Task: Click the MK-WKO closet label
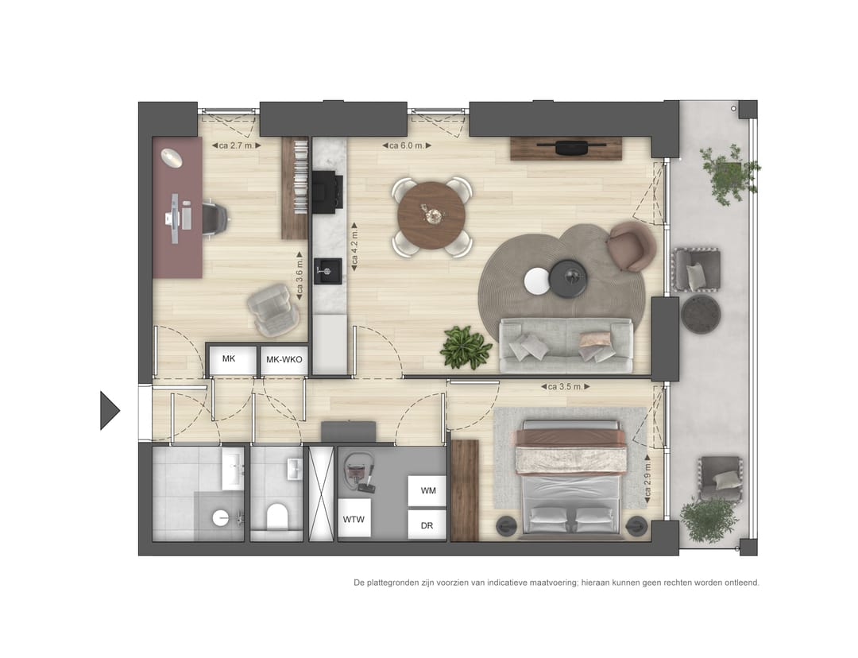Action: click(284, 360)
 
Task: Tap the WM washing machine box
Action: click(427, 491)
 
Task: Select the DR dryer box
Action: click(427, 525)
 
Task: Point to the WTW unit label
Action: click(354, 519)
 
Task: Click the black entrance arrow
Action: click(109, 411)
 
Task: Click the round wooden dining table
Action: click(431, 215)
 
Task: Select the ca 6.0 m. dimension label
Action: click(407, 145)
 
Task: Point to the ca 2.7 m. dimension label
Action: click(235, 145)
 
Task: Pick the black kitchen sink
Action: click(327, 270)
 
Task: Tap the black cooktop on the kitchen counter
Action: click(327, 192)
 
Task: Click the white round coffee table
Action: click(537, 281)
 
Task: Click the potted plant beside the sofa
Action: click(466, 348)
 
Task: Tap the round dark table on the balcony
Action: click(701, 314)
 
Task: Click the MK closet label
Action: click(229, 359)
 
